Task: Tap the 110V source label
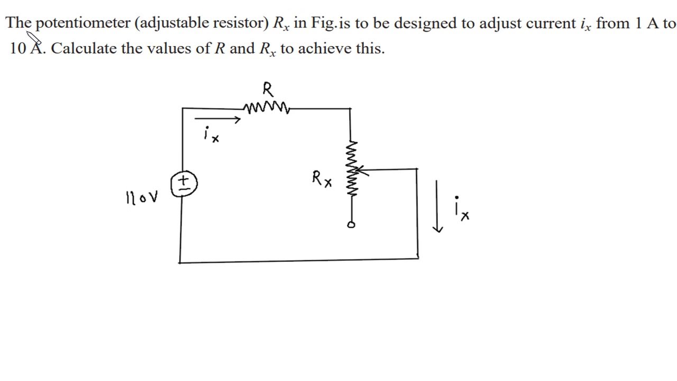pos(142,198)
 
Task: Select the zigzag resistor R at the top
pos(267,108)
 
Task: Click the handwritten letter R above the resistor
pos(268,88)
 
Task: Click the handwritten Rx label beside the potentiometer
pos(322,179)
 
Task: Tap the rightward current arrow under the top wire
pos(217,120)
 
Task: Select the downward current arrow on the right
pos(437,206)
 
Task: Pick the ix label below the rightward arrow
pos(211,134)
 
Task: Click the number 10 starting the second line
pos(17,48)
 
